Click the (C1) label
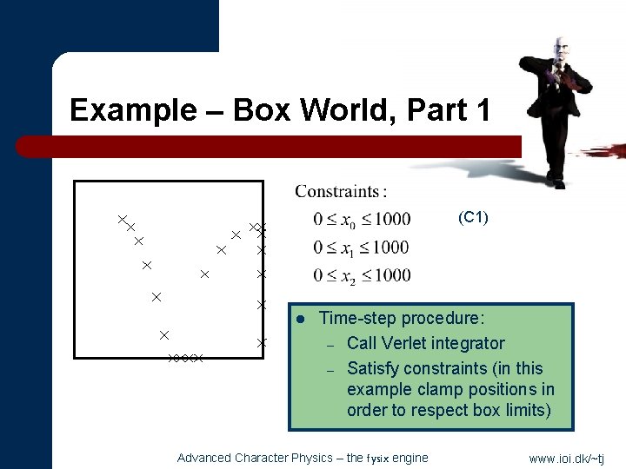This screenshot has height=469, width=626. [x=473, y=217]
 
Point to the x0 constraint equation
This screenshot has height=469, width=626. [x=362, y=219]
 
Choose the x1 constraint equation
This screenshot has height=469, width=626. [x=361, y=248]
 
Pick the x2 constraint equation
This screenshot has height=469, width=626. [x=362, y=276]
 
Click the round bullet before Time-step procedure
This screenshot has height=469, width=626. [x=298, y=319]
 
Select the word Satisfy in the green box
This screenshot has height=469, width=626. [x=376, y=368]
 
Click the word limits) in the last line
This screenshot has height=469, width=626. [x=524, y=410]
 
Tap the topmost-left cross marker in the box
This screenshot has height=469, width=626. [x=123, y=220]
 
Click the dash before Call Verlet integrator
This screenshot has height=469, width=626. [x=330, y=345]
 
